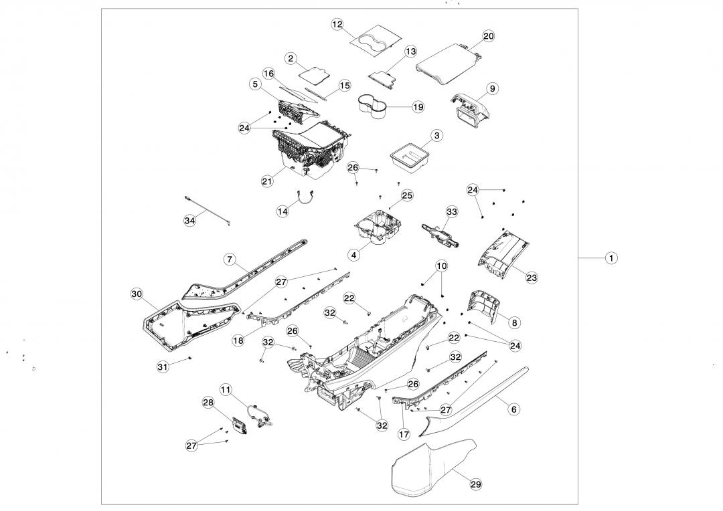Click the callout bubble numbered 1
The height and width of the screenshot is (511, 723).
pyautogui.click(x=611, y=258)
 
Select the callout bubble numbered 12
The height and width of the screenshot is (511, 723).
pyautogui.click(x=337, y=24)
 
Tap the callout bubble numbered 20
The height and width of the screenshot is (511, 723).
pyautogui.click(x=489, y=36)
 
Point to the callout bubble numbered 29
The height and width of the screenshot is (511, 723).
pyautogui.click(x=476, y=484)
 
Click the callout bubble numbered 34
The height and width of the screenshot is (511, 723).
pyautogui.click(x=190, y=221)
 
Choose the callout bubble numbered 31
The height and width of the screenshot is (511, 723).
pyautogui.click(x=163, y=367)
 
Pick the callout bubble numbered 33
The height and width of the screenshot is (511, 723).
pyautogui.click(x=452, y=211)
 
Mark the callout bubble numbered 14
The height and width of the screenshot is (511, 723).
pyautogui.click(x=283, y=211)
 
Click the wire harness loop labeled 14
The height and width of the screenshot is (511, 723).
pyautogui.click(x=307, y=196)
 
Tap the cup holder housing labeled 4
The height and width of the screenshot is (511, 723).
pyautogui.click(x=378, y=229)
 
